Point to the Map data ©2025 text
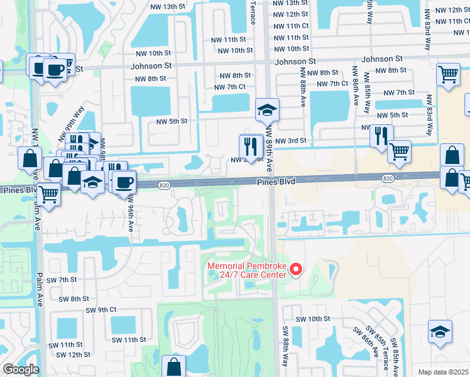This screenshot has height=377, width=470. (x=444, y=372)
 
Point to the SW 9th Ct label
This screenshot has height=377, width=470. (x=102, y=310)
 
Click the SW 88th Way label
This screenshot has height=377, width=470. (x=285, y=348)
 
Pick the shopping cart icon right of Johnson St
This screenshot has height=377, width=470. (x=448, y=74)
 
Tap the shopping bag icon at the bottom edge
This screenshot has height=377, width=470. (x=173, y=366)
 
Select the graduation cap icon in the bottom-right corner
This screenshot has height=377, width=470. (x=440, y=331)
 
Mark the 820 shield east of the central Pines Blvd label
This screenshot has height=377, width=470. (x=388, y=179)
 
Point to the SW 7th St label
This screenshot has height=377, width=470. (x=64, y=279)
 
